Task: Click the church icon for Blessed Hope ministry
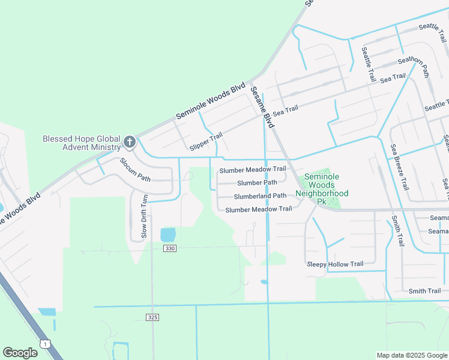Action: (129, 142)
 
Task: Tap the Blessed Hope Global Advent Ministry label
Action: (82, 143)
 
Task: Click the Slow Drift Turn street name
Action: (144, 217)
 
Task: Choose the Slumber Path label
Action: (257, 182)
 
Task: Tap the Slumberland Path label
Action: (260, 196)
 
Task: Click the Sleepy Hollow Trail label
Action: (335, 264)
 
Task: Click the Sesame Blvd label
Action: (262, 107)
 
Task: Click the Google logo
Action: (20, 353)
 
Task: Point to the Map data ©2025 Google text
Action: (411, 355)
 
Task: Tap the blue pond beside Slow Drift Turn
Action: (168, 234)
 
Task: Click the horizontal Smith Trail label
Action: (424, 291)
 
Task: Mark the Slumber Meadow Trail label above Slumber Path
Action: (252, 169)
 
